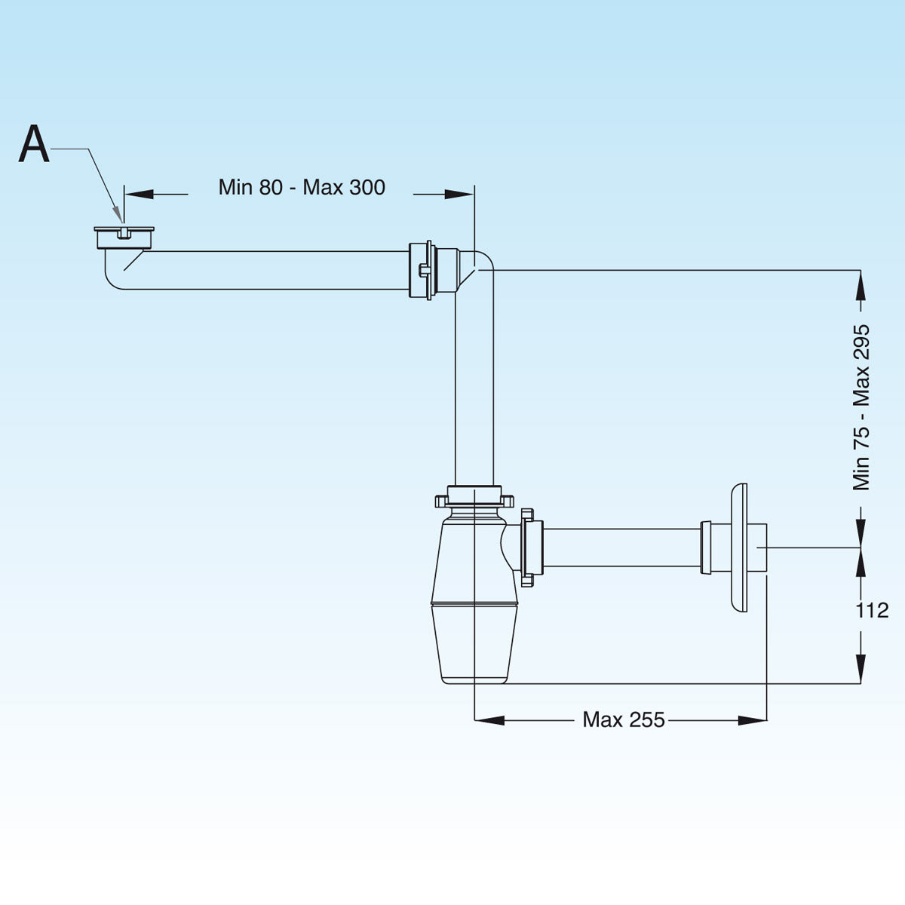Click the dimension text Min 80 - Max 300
[x=302, y=187]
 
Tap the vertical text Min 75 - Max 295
[x=861, y=407]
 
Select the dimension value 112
[x=872, y=610]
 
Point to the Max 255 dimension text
[x=624, y=720]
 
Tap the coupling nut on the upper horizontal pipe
[x=422, y=270]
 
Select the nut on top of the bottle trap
[x=474, y=498]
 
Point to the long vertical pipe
[x=474, y=385]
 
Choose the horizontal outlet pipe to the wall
[x=622, y=548]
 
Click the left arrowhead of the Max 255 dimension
[x=489, y=720]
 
